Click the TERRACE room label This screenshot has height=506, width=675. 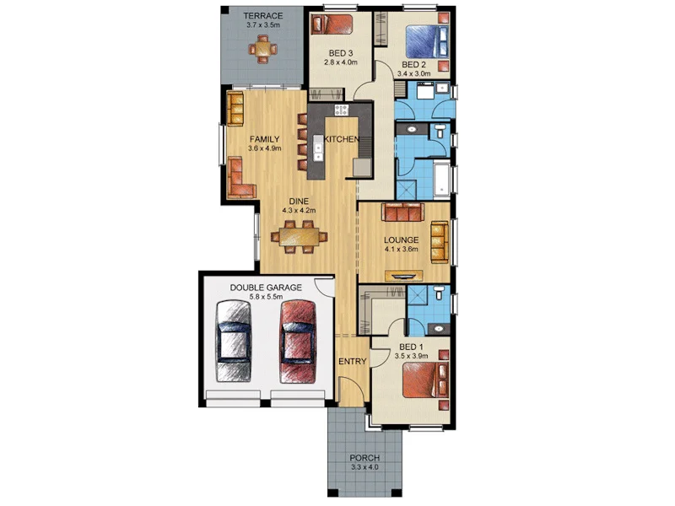point(262,15)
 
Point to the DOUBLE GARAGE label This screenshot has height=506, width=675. point(266,288)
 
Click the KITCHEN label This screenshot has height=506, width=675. point(343,139)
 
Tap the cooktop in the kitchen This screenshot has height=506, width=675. point(341,110)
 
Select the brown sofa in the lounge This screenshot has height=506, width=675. point(402,212)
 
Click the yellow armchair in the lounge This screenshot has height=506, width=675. point(439,241)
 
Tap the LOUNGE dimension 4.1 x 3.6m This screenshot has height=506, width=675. point(402,250)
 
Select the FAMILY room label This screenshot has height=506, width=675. point(265,139)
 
